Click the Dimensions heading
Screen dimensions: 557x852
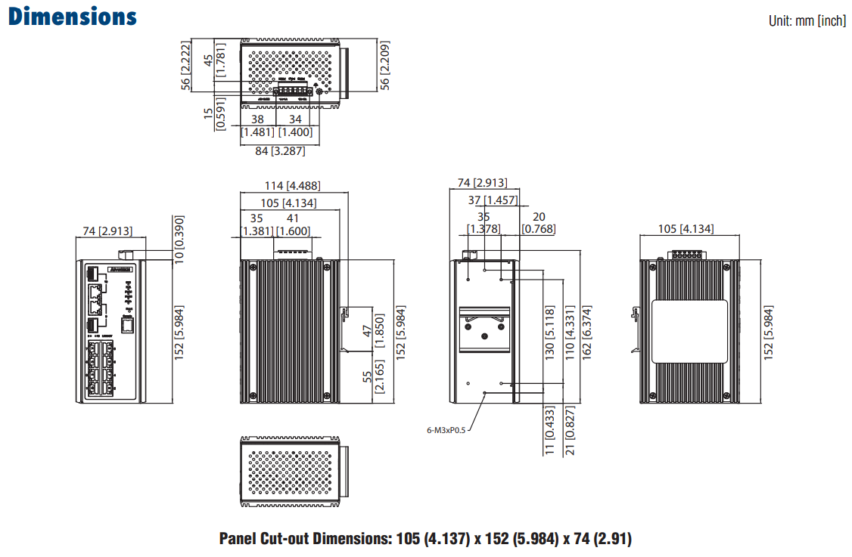coord(73,17)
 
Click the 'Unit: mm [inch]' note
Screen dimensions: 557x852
coord(807,21)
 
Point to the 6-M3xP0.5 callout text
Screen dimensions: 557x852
coord(446,430)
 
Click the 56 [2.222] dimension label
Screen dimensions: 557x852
coord(184,65)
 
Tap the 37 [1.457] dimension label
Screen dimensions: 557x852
coord(492,200)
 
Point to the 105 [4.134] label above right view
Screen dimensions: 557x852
coord(686,229)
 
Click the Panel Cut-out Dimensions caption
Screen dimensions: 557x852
coord(425,539)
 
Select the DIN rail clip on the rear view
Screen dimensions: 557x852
coord(484,330)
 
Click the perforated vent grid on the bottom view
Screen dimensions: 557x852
coord(291,470)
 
